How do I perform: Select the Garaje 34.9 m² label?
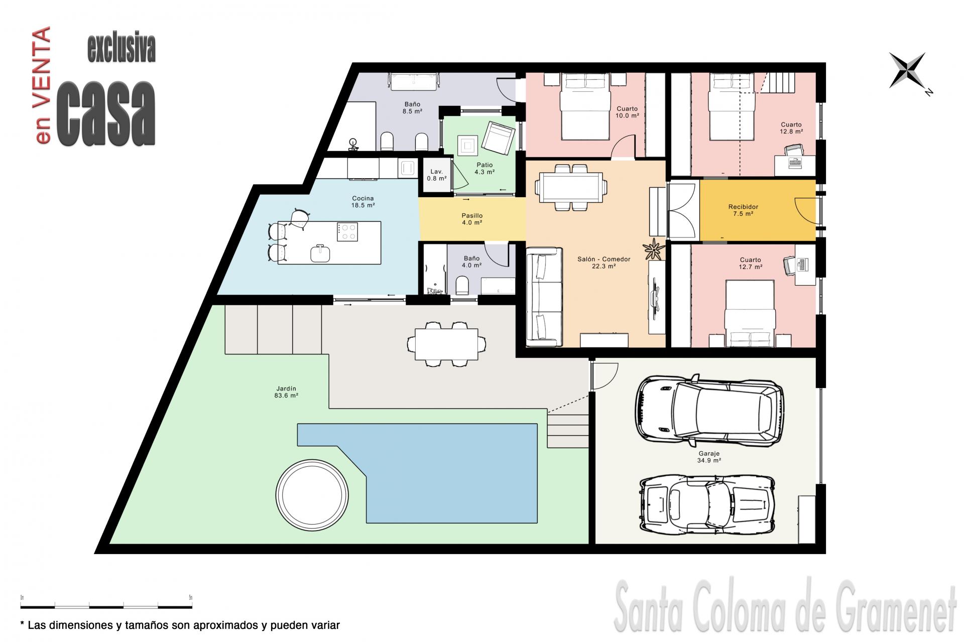tap(709, 457)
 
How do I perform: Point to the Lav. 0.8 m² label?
tap(436, 175)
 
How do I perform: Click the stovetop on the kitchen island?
tap(347, 232)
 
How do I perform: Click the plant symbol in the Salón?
tap(654, 248)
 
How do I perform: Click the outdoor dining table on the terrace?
tap(446, 344)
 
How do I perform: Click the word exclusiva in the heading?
tap(122, 49)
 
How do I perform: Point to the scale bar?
tap(106, 606)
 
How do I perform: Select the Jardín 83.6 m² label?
tap(286, 392)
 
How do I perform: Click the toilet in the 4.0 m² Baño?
tap(462, 287)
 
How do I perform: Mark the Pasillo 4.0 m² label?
tap(472, 219)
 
